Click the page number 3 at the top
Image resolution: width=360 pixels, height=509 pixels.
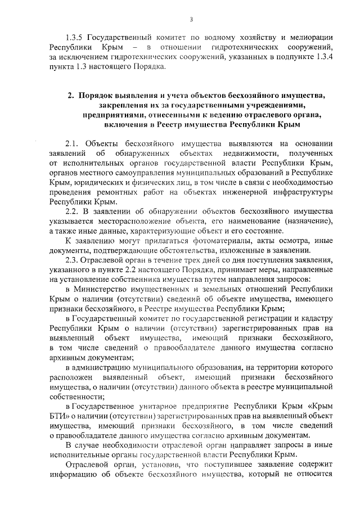pyautogui.click(x=191, y=21)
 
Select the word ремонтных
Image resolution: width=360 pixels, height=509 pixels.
pyautogui.click(x=113, y=191)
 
